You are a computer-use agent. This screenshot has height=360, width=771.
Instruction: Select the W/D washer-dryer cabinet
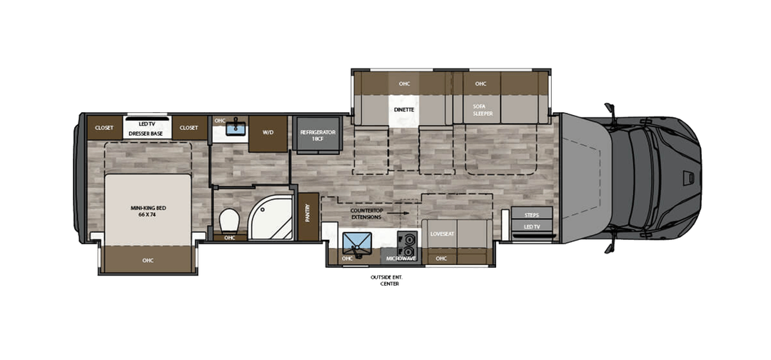tap(268, 132)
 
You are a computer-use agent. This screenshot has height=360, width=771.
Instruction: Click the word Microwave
tap(402, 258)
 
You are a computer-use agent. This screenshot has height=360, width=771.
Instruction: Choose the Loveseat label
tap(441, 233)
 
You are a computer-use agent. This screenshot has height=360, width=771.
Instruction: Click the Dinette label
tap(404, 109)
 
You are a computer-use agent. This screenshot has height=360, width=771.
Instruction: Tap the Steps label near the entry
tap(532, 215)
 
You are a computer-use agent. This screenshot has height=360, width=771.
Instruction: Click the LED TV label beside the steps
tap(532, 227)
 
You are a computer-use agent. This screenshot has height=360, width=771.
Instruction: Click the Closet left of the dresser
tap(104, 128)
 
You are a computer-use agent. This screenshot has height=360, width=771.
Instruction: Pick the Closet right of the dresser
tap(189, 128)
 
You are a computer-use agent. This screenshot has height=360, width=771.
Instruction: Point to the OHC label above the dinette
tap(404, 84)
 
